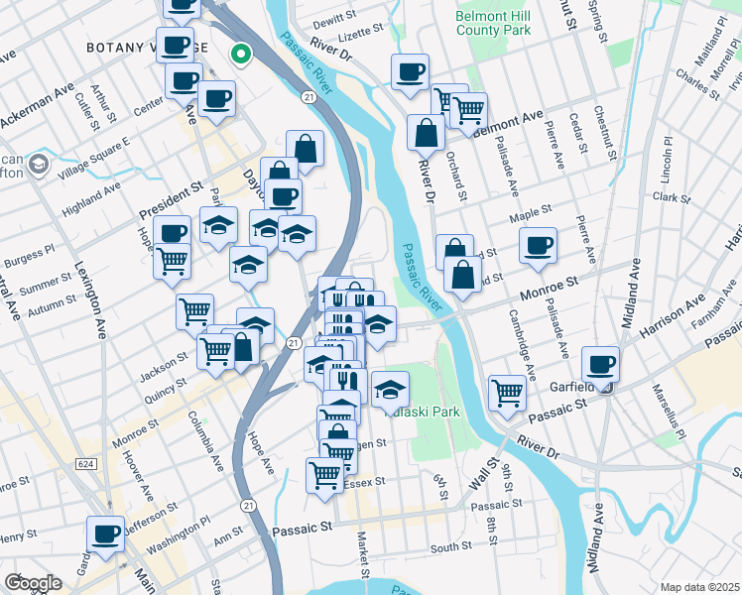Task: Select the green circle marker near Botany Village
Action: pos(239,55)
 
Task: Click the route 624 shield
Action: pos(83,464)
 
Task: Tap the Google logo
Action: pos(33,583)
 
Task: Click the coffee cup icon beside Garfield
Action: pos(599,363)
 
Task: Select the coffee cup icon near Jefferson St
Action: pos(105,535)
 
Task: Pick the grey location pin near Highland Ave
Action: pos(39,164)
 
